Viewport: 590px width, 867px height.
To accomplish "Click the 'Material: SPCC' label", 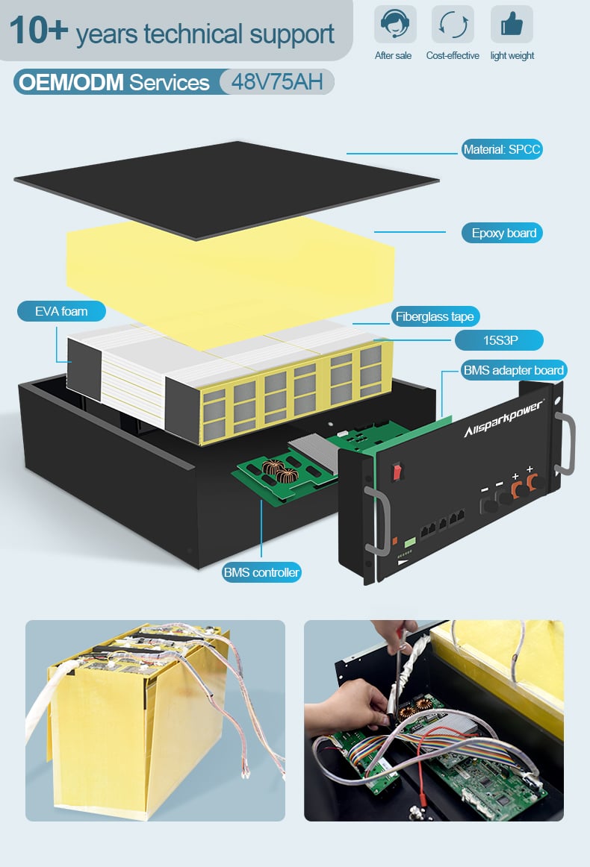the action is pos(502,149).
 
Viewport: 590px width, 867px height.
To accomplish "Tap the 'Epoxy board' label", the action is pos(502,233).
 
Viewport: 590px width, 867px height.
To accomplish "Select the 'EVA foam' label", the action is pos(61,311).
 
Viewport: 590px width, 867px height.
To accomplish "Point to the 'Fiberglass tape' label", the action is pos(435,317).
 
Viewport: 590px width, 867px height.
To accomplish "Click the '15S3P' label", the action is pos(499,340).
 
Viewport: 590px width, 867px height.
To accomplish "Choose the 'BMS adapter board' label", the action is pos(514,371).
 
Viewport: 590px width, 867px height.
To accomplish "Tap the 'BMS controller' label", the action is pos(261,572).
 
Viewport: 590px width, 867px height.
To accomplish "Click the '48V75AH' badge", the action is pos(277,82).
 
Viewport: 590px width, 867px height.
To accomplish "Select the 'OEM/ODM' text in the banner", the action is pos(72,82).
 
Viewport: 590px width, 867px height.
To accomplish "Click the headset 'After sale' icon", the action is pos(395,25).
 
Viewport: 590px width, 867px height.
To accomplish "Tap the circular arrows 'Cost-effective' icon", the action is pos(453,25).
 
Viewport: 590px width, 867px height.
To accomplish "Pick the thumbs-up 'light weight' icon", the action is pos(512,25).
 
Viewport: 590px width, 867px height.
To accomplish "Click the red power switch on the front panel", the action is pos(397,472).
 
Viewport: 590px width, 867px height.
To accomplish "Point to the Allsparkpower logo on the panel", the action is pos(503,418).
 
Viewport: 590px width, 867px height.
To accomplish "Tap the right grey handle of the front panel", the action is pos(566,443).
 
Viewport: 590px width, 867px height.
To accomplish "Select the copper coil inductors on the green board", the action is pos(280,471).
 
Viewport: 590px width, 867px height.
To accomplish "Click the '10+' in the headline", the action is pos(38,30).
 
